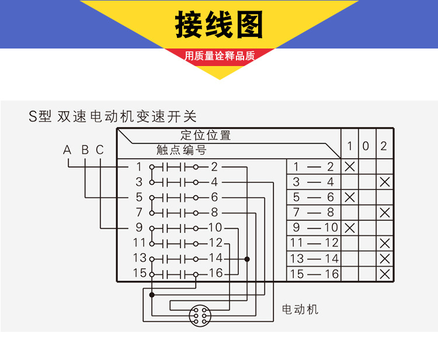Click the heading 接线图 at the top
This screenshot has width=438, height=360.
tap(219, 25)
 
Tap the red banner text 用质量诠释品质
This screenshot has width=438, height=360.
tap(220, 56)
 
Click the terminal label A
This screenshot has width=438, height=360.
tap(68, 150)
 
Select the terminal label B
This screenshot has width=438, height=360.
tap(85, 150)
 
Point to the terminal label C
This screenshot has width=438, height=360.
tap(100, 150)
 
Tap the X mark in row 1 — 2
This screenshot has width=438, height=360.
tap(350, 167)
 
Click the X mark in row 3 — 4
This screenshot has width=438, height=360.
tap(384, 182)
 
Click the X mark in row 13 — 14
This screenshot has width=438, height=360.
tap(384, 258)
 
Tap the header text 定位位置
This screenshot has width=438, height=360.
tap(206, 136)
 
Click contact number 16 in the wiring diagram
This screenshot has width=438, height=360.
tap(215, 273)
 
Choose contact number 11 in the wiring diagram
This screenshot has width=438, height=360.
tap(139, 243)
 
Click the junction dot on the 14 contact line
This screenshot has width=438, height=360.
tap(247, 258)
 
